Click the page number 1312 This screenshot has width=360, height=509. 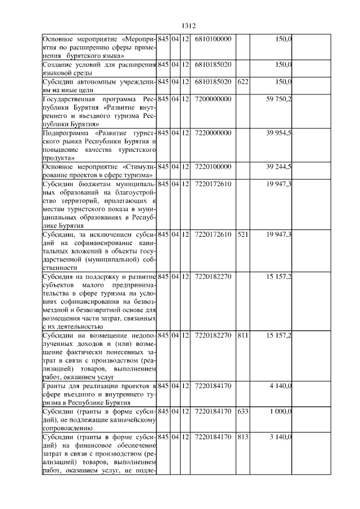[188, 25]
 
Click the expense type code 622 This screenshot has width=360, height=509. [243, 82]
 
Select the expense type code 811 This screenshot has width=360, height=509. [243, 336]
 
